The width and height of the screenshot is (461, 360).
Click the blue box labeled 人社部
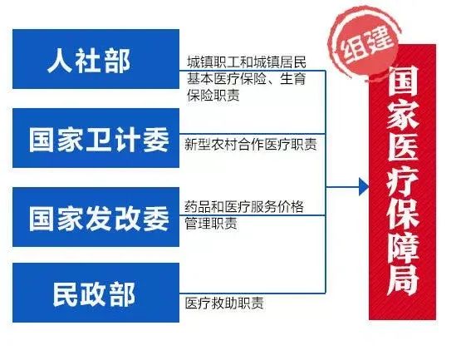pyautogui.click(x=96, y=59)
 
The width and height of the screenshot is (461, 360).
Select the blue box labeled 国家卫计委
pyautogui.click(x=96, y=138)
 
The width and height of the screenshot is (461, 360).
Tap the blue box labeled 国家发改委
pyautogui.click(x=96, y=217)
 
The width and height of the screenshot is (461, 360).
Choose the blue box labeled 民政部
pyautogui.click(x=96, y=293)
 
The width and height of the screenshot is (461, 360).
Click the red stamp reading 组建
pyautogui.click(x=365, y=45)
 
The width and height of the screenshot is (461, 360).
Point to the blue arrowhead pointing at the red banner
pyautogui.click(x=364, y=186)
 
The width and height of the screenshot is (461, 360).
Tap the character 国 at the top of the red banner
pyautogui.click(x=403, y=81)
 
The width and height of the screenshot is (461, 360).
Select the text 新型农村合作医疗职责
pyautogui.click(x=251, y=145)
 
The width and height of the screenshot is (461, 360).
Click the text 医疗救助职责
pyautogui.click(x=224, y=303)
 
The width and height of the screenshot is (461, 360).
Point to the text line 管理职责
pyautogui.click(x=211, y=224)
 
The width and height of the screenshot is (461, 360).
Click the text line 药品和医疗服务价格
pyautogui.click(x=244, y=207)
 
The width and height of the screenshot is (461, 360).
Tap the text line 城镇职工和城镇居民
pyautogui.click(x=247, y=62)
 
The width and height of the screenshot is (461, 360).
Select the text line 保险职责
pyautogui.click(x=213, y=95)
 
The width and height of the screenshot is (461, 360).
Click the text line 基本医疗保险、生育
pyautogui.click(x=247, y=79)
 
